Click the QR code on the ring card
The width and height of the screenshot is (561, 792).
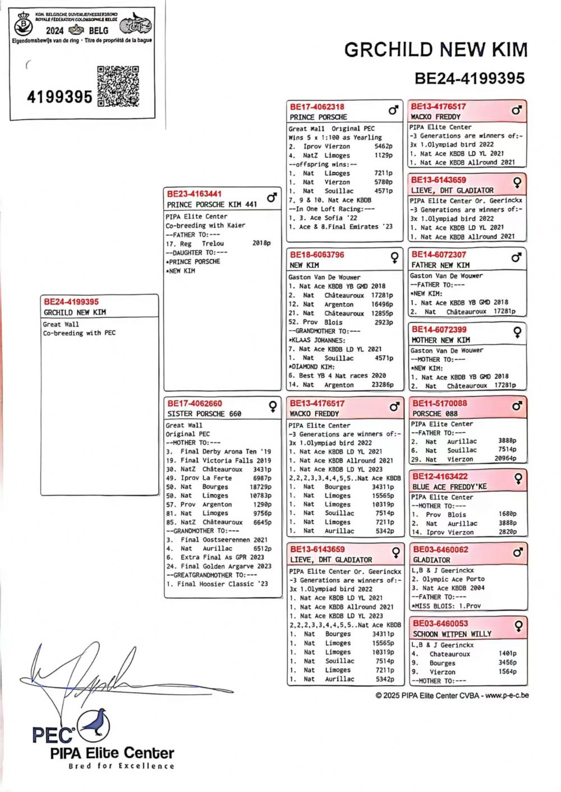click(118, 86)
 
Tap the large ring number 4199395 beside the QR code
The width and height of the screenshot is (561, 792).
click(59, 97)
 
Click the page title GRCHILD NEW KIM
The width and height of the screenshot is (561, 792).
click(436, 50)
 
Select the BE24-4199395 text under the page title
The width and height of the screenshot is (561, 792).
click(470, 78)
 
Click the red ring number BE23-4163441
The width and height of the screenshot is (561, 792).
click(194, 194)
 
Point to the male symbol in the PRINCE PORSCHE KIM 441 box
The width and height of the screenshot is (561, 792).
click(272, 198)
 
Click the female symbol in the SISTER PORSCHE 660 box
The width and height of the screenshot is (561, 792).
click(273, 406)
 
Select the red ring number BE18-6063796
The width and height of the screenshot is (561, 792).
click(317, 254)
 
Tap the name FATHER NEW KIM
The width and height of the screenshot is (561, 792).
click(440, 265)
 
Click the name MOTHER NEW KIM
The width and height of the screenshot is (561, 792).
click(441, 340)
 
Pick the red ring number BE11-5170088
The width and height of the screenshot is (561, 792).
click(439, 403)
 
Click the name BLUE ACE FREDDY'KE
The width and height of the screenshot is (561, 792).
click(449, 487)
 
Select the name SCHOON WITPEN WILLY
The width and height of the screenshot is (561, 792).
click(452, 634)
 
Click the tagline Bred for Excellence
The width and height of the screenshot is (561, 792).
click(121, 766)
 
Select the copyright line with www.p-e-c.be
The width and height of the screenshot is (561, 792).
click(452, 695)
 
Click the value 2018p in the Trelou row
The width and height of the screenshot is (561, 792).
click(261, 244)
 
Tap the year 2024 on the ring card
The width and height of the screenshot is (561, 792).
click(54, 30)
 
